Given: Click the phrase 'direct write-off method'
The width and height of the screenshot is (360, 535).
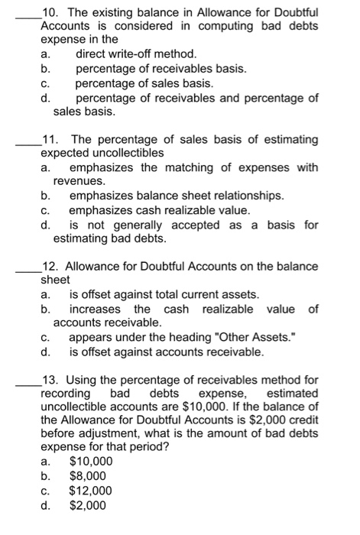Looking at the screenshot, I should (136, 54).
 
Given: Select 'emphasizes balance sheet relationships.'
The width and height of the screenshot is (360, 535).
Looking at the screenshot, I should (176, 196).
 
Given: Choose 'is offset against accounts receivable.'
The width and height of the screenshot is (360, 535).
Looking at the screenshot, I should (167, 352).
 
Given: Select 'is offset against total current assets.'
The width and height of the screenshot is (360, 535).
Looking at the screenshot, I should (164, 294).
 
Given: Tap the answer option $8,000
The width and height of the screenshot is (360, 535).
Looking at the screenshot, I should (91, 476).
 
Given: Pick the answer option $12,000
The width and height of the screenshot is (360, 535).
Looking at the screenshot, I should (91, 491).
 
